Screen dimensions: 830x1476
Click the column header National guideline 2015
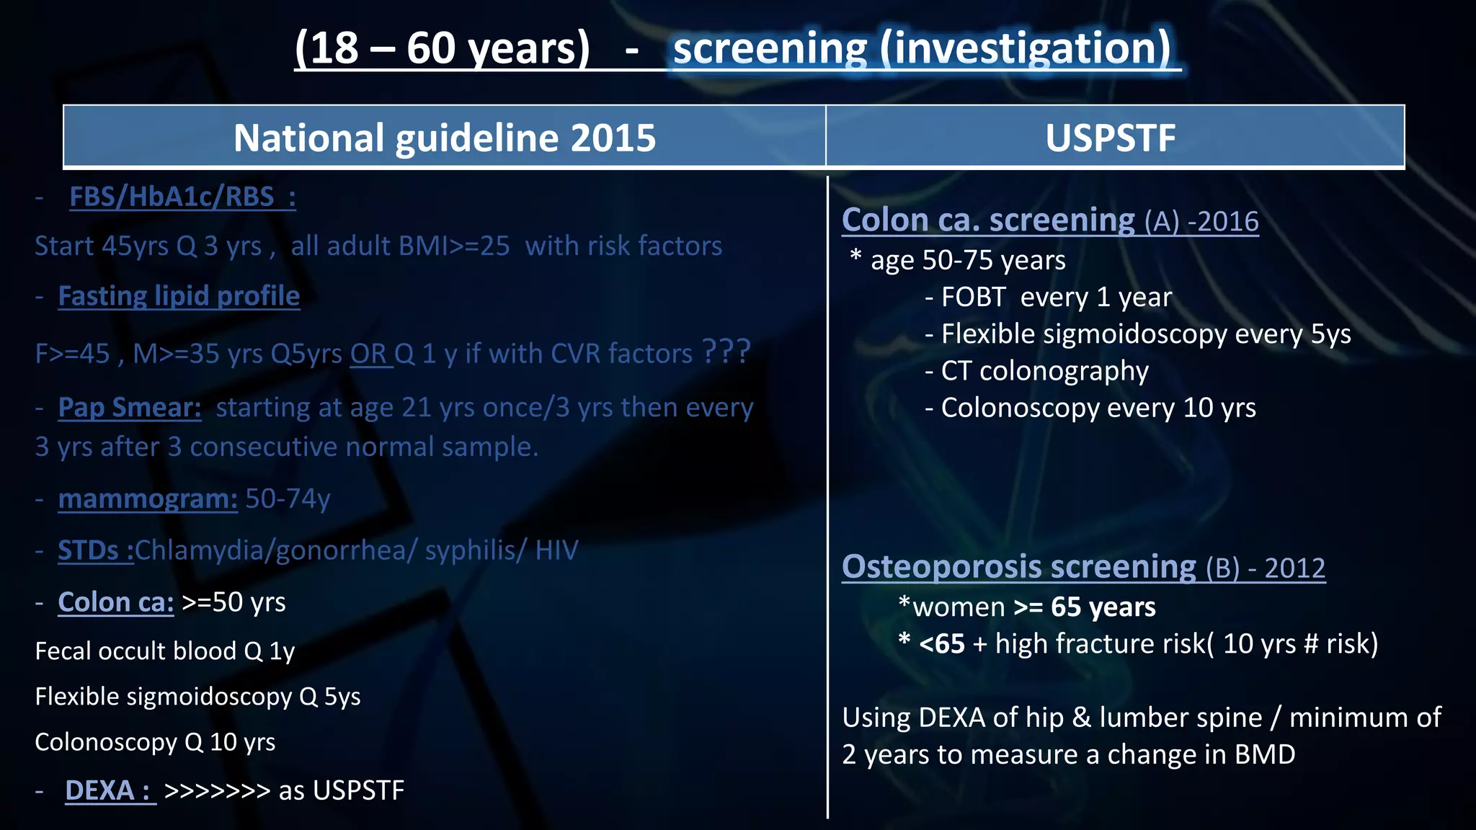pyautogui.click(x=445, y=138)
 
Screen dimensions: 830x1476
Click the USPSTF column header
pyautogui.click(x=1110, y=138)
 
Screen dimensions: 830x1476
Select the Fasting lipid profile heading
pyautogui.click(x=179, y=296)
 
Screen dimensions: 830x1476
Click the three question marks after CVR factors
pyautogui.click(x=726, y=352)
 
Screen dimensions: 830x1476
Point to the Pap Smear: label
pyautogui.click(x=129, y=408)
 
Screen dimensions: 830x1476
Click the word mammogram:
pyautogui.click(x=148, y=499)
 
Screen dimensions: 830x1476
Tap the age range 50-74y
pyautogui.click(x=288, y=499)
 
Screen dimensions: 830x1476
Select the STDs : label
pyautogui.click(x=95, y=550)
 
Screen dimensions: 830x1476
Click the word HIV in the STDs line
pyautogui.click(x=556, y=550)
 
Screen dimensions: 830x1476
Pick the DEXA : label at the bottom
pyautogui.click(x=110, y=790)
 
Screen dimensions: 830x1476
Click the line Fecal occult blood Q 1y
pyautogui.click(x=165, y=651)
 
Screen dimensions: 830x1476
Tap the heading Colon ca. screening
pyautogui.click(x=988, y=220)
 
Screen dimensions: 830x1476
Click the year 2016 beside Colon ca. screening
pyautogui.click(x=1230, y=222)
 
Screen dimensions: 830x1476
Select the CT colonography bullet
pyautogui.click(x=1044, y=371)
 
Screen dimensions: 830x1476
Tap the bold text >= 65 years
pyautogui.click(x=1084, y=607)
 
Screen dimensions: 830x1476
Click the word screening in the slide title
pyautogui.click(x=770, y=48)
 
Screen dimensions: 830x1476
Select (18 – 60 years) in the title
pyautogui.click(x=442, y=48)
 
